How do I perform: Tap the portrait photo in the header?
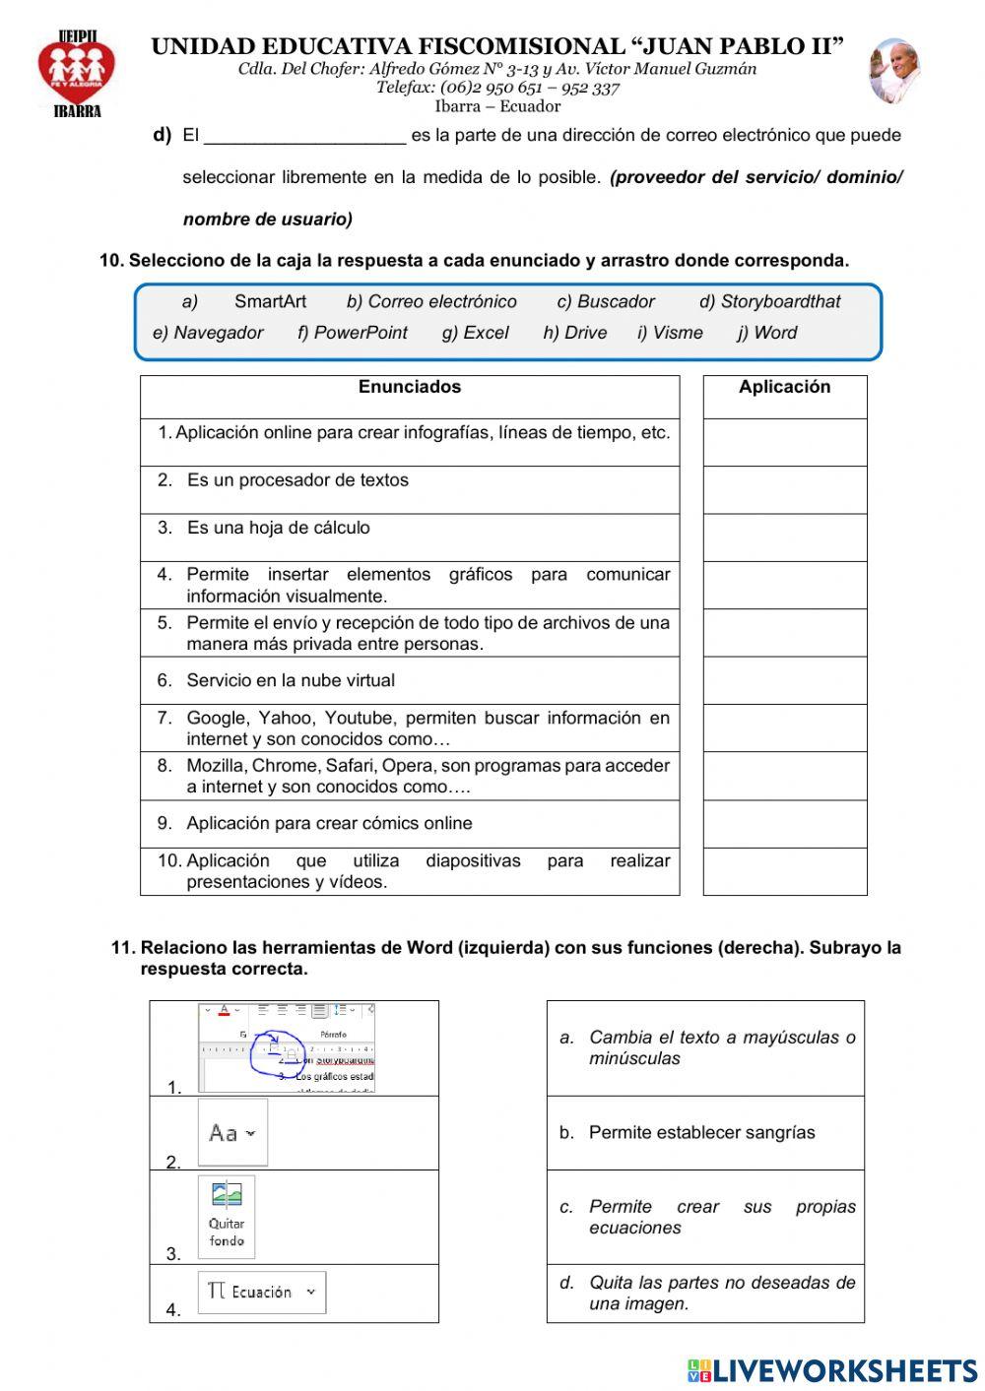point(893,72)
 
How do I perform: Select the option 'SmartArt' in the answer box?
point(270,302)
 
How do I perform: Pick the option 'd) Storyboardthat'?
point(769,302)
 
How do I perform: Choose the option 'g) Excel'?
point(475,333)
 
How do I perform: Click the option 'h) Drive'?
point(574,333)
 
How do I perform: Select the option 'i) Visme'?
point(670,333)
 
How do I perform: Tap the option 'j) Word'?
point(766,333)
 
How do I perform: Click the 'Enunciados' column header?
point(409,387)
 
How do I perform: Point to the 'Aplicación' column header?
point(784,387)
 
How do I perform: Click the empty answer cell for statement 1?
point(784,442)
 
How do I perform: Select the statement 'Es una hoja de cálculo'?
point(278,528)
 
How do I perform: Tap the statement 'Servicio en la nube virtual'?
point(290,680)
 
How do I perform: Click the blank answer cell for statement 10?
point(784,871)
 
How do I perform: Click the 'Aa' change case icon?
point(231,1133)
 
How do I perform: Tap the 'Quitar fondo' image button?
point(227,1217)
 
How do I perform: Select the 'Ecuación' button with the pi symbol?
point(261,1293)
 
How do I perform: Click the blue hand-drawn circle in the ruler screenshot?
point(280,1052)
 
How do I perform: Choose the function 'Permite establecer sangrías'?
point(701,1133)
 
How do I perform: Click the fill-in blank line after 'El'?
point(304,136)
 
